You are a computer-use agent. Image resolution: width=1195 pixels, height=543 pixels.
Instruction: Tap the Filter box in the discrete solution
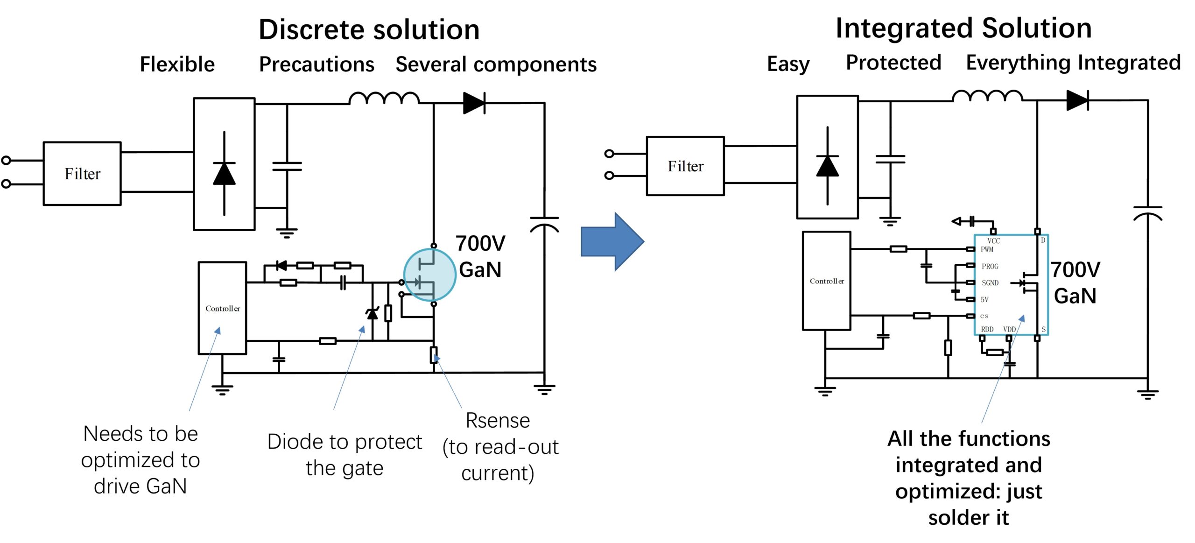(82, 174)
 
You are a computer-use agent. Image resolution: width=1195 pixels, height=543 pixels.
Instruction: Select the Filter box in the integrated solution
(685, 166)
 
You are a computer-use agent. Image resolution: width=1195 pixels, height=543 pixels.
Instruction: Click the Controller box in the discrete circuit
(223, 308)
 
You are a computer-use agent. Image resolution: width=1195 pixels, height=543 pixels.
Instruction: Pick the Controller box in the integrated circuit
(827, 281)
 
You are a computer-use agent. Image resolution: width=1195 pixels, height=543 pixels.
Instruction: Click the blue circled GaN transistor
(429, 275)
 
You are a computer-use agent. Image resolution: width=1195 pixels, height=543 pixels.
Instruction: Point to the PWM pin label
(987, 249)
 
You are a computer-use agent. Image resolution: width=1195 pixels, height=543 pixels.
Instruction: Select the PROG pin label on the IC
(990, 266)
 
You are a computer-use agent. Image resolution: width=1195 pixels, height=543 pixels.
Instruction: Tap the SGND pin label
(990, 283)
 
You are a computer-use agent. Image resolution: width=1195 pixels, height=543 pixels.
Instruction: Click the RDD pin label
(987, 329)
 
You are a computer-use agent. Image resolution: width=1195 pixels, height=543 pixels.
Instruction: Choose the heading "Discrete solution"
(369, 29)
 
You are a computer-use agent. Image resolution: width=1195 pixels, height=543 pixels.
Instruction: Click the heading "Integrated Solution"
(964, 28)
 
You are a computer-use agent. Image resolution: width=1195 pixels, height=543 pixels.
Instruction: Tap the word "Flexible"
(177, 64)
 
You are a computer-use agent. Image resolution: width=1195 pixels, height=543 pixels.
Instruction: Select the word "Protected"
(893, 62)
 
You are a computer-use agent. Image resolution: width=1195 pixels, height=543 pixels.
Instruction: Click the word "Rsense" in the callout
(498, 420)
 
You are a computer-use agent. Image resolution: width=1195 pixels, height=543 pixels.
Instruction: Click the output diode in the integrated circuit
(1077, 100)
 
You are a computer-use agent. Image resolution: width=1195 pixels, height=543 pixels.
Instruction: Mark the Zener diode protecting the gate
(372, 314)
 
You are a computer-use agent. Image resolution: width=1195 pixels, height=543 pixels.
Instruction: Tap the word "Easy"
(788, 64)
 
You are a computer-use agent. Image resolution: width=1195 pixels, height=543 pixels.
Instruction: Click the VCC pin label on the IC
(993, 241)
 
